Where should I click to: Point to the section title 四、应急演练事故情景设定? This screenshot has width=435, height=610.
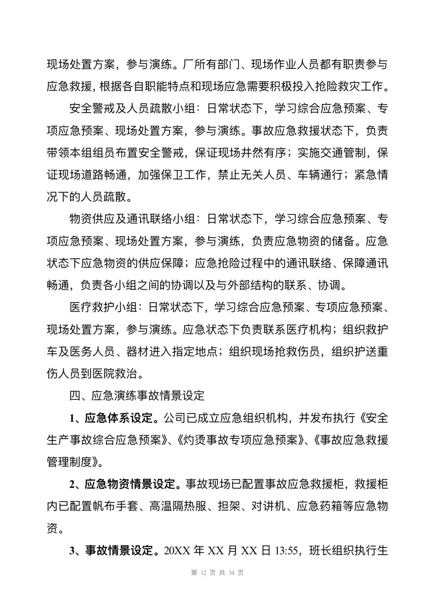tap(137, 396)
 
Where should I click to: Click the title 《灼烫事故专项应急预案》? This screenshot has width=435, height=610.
tap(238, 440)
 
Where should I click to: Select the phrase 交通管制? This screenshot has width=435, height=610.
tap(343, 153)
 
